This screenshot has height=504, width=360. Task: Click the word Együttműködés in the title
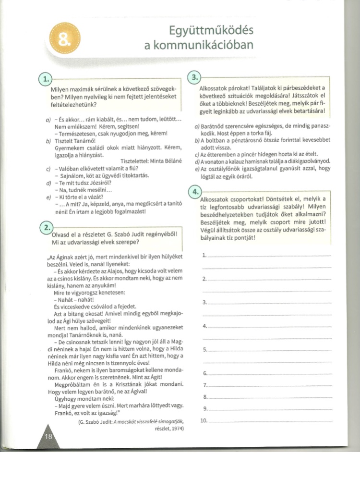[211, 31]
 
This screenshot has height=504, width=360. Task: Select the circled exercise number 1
[45, 78]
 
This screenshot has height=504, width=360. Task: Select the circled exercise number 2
[46, 227]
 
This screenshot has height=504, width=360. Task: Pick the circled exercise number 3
[194, 78]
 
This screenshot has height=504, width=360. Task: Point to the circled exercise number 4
[195, 191]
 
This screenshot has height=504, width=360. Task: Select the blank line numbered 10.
[271, 421]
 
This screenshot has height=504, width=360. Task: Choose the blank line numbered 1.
[271, 256]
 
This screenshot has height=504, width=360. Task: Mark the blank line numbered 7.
[271, 385]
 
